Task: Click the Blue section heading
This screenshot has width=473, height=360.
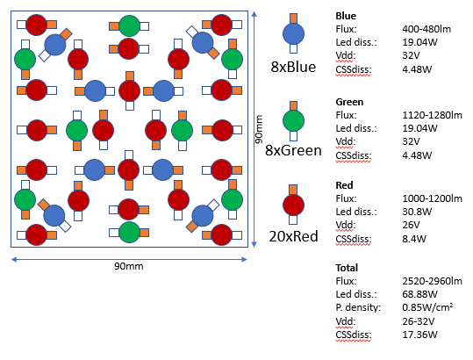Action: tap(346, 15)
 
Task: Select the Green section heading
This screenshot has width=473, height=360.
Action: tap(349, 102)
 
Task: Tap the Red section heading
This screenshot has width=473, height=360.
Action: tap(345, 186)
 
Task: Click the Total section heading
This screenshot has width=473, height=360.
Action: tap(348, 267)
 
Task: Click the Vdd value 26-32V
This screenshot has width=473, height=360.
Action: tap(419, 321)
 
